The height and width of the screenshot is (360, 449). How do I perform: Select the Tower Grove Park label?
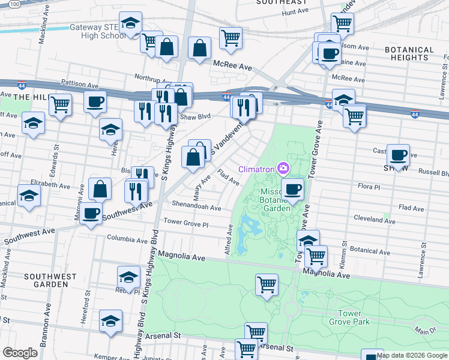click(349, 317)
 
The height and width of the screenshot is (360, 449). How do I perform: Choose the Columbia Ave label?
click(127, 239)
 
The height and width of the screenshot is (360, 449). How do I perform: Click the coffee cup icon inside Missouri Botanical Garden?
click(292, 190)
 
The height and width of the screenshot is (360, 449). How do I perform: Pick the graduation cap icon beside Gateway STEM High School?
click(130, 23)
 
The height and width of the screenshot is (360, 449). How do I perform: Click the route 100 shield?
click(15, 4)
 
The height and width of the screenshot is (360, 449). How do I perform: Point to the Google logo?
click(20, 353)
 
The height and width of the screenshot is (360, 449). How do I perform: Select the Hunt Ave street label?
click(294, 11)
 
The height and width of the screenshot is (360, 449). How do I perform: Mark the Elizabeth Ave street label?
click(52, 185)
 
